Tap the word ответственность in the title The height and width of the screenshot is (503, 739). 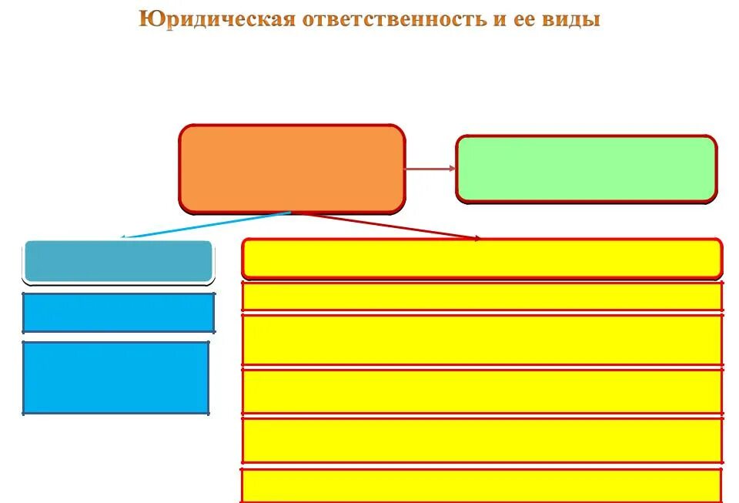point(392,19)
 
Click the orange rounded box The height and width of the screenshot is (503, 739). point(292,169)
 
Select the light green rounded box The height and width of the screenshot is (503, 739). point(586,169)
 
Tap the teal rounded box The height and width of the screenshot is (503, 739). point(118,261)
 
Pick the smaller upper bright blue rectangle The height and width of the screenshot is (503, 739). point(119,312)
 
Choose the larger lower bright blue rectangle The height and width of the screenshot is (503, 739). point(116,377)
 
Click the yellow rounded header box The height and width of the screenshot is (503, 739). point(482,259)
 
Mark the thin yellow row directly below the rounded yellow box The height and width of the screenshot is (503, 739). point(482,296)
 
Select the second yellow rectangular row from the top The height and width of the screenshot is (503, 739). point(482,340)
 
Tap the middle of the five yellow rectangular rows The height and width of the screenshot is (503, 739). point(482,391)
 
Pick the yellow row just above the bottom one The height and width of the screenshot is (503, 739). point(482,440)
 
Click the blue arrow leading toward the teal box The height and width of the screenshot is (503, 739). point(206,225)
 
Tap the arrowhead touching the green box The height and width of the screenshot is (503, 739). point(451,169)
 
